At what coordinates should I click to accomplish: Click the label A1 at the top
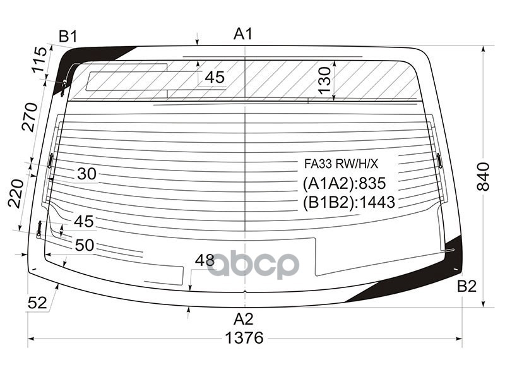243,34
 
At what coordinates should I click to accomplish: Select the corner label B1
68,37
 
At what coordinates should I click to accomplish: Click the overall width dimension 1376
244,338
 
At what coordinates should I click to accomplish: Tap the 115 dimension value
39,60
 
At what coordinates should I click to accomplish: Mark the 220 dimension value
15,193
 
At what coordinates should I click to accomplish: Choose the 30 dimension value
86,174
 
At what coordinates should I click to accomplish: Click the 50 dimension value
84,245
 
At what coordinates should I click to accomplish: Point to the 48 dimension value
205,260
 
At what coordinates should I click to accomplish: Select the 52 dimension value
37,303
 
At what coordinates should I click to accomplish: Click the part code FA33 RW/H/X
341,164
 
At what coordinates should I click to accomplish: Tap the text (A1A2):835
344,184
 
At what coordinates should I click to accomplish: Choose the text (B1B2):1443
348,202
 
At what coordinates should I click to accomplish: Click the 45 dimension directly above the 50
83,222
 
